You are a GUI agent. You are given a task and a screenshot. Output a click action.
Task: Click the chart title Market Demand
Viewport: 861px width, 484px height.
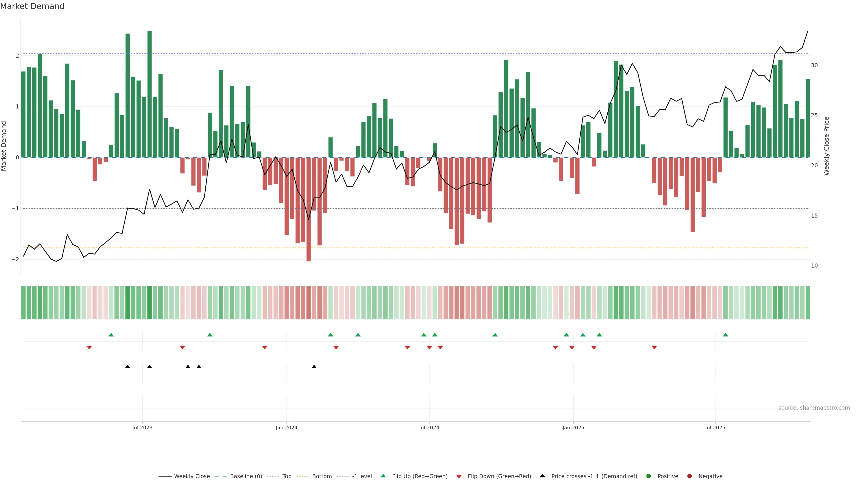coord(32,6)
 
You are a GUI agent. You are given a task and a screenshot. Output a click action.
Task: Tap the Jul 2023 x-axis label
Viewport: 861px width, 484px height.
coord(142,428)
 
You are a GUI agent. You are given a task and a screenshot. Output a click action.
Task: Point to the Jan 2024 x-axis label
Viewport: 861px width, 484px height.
coord(287,428)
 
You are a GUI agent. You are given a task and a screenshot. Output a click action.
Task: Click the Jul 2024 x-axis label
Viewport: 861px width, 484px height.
coord(429,428)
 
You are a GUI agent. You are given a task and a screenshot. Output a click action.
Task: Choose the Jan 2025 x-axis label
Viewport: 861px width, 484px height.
coord(573,428)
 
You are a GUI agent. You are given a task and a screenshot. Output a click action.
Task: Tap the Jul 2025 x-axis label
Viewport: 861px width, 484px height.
coord(715,428)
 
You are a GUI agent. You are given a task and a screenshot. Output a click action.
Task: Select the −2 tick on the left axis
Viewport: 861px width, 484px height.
coord(15,259)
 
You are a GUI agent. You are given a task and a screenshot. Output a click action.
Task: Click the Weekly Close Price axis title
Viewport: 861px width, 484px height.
coord(826,146)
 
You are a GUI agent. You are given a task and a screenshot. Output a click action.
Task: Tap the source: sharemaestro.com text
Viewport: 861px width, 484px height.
coord(814,408)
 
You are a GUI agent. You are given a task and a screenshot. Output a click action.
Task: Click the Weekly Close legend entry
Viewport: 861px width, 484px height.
coord(191,476)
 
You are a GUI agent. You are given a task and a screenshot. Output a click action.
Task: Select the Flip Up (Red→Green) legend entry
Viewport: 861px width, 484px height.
coord(420,476)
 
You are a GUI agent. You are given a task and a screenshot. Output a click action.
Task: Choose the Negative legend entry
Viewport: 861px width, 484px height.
coord(710,476)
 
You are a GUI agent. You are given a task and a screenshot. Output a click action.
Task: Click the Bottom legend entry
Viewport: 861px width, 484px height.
coord(322,476)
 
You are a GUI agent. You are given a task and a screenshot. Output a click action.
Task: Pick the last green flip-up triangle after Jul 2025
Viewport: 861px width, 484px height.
coord(725,335)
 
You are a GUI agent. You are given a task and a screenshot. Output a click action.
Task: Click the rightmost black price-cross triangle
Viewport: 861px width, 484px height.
coord(314,367)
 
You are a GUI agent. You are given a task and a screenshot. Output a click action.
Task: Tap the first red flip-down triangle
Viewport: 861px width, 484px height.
coord(89,348)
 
